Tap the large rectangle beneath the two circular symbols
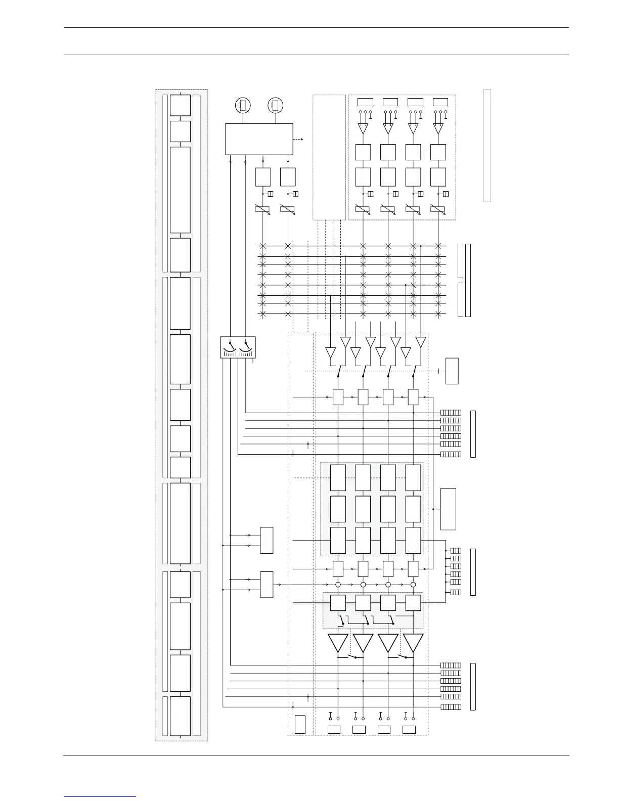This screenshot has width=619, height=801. (x=258, y=139)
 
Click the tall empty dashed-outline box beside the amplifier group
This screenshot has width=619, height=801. (x=329, y=157)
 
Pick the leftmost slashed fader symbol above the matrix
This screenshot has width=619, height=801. (x=262, y=209)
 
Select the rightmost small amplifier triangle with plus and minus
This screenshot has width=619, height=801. (x=438, y=128)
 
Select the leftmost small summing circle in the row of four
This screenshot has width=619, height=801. (x=338, y=585)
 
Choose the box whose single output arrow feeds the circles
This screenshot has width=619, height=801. (x=267, y=585)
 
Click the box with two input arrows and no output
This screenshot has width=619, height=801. (x=267, y=541)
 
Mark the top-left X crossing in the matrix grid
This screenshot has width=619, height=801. (x=262, y=246)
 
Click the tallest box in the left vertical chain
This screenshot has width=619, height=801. (x=181, y=190)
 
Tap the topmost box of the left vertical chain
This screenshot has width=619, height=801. (x=181, y=105)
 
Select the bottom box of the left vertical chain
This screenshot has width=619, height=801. (x=181, y=716)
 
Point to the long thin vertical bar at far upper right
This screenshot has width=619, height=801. (x=487, y=146)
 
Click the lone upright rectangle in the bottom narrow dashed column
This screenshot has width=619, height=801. (x=300, y=724)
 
